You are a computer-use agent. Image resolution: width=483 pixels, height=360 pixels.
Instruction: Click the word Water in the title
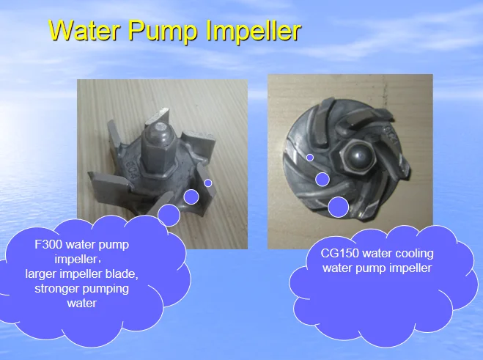(x=83, y=31)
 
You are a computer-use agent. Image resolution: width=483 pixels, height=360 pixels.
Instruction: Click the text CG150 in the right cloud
(x=339, y=254)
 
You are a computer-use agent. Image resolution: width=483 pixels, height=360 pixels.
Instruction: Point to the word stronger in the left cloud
(x=57, y=289)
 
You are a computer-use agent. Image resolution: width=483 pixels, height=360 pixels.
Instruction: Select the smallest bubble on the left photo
(x=208, y=183)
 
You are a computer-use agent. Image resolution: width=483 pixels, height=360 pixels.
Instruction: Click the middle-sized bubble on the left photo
(x=191, y=196)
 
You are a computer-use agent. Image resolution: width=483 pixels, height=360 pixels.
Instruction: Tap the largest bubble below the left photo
(x=169, y=215)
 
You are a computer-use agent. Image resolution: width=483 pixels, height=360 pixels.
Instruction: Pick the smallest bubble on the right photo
(x=310, y=158)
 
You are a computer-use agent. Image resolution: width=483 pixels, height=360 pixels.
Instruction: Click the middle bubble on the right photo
(x=322, y=179)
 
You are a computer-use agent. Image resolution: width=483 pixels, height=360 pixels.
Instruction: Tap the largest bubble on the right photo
(x=338, y=207)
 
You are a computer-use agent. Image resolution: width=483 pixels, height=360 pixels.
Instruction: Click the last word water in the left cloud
(x=81, y=303)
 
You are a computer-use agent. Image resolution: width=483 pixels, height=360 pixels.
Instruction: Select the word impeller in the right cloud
(x=411, y=268)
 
